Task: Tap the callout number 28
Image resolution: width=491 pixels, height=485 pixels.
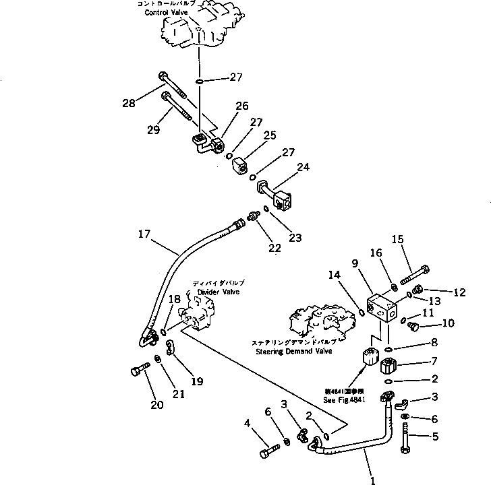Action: [128, 103]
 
